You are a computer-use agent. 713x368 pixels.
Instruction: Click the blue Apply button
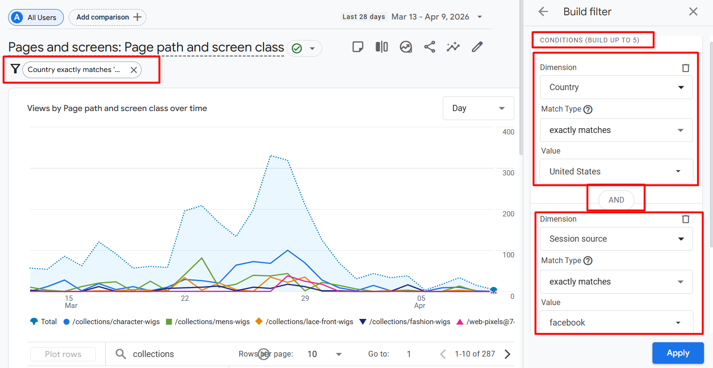(678, 353)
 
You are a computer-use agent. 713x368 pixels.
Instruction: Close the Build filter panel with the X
(693, 12)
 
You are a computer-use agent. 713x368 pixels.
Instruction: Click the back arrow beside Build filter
(543, 12)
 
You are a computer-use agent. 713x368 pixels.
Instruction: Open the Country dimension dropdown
(616, 87)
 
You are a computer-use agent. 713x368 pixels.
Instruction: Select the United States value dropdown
(616, 171)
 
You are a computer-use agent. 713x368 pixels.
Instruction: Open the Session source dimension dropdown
(616, 239)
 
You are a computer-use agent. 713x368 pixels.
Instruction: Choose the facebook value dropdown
(616, 322)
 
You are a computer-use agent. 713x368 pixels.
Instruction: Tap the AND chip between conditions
(616, 200)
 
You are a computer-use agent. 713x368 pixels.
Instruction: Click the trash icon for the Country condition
(686, 68)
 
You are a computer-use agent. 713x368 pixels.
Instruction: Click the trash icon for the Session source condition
(686, 219)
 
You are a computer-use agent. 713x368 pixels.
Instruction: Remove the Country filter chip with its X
(133, 70)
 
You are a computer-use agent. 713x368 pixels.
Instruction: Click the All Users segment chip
(36, 17)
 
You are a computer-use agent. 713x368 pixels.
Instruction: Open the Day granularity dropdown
(478, 108)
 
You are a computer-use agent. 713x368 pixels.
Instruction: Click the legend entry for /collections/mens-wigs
(208, 322)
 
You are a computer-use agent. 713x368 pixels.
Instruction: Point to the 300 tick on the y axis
(509, 173)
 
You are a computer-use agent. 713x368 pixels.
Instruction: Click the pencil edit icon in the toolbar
(477, 47)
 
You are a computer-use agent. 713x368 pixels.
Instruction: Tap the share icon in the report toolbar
(429, 47)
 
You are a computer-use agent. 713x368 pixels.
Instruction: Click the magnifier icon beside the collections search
(121, 354)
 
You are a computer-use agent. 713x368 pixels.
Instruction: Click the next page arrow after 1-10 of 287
(508, 354)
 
